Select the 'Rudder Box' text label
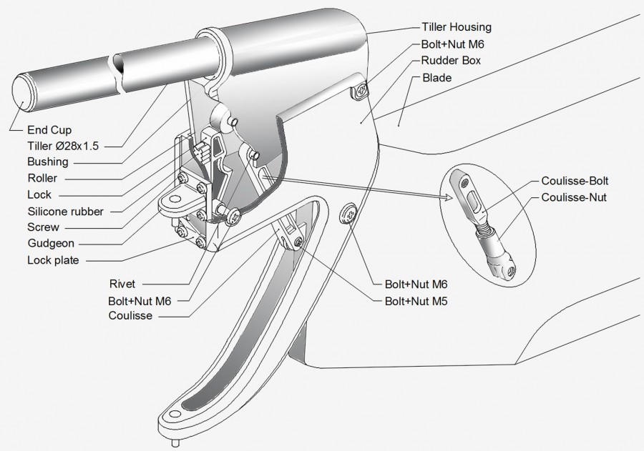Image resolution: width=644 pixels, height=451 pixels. click(451, 61)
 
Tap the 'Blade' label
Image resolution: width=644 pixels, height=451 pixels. click(436, 77)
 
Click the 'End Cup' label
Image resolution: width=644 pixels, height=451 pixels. click(49, 130)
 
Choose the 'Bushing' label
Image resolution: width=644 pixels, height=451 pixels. click(47, 162)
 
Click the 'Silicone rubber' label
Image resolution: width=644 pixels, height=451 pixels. click(65, 211)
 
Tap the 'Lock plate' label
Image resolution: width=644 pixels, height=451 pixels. click(54, 259)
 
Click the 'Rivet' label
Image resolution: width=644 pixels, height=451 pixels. click(123, 283)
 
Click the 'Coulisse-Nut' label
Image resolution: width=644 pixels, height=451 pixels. click(574, 197)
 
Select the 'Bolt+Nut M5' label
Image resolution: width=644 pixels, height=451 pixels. click(417, 301)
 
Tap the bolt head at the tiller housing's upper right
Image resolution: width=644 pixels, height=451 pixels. click(361, 91)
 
